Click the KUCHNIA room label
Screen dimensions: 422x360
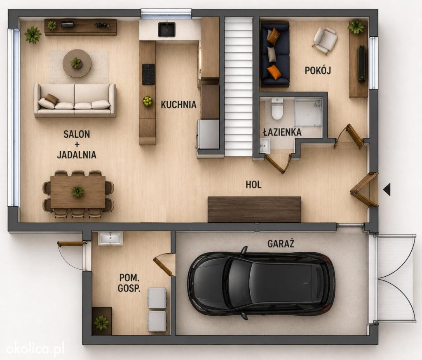coord(179,104)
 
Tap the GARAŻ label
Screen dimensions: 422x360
coord(281,243)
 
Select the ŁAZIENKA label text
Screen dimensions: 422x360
coord(282,132)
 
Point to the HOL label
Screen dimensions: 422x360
coord(253,184)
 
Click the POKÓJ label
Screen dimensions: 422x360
coord(318,70)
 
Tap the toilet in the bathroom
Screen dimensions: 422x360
coord(277,109)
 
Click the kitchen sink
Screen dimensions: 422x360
coord(167,30)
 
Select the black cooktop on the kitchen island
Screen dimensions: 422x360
coord(148,74)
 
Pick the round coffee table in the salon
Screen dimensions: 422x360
coord(77,64)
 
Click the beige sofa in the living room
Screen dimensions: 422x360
coord(75,101)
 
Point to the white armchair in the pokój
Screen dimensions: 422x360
coord(325,40)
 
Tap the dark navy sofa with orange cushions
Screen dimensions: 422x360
coord(275,54)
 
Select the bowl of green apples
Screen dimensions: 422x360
coord(147,101)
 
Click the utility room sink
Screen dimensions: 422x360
coord(110,239)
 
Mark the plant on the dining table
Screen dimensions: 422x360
coord(78,191)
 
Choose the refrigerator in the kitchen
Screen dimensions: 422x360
coord(208,134)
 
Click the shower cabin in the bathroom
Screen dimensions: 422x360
coord(308,112)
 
